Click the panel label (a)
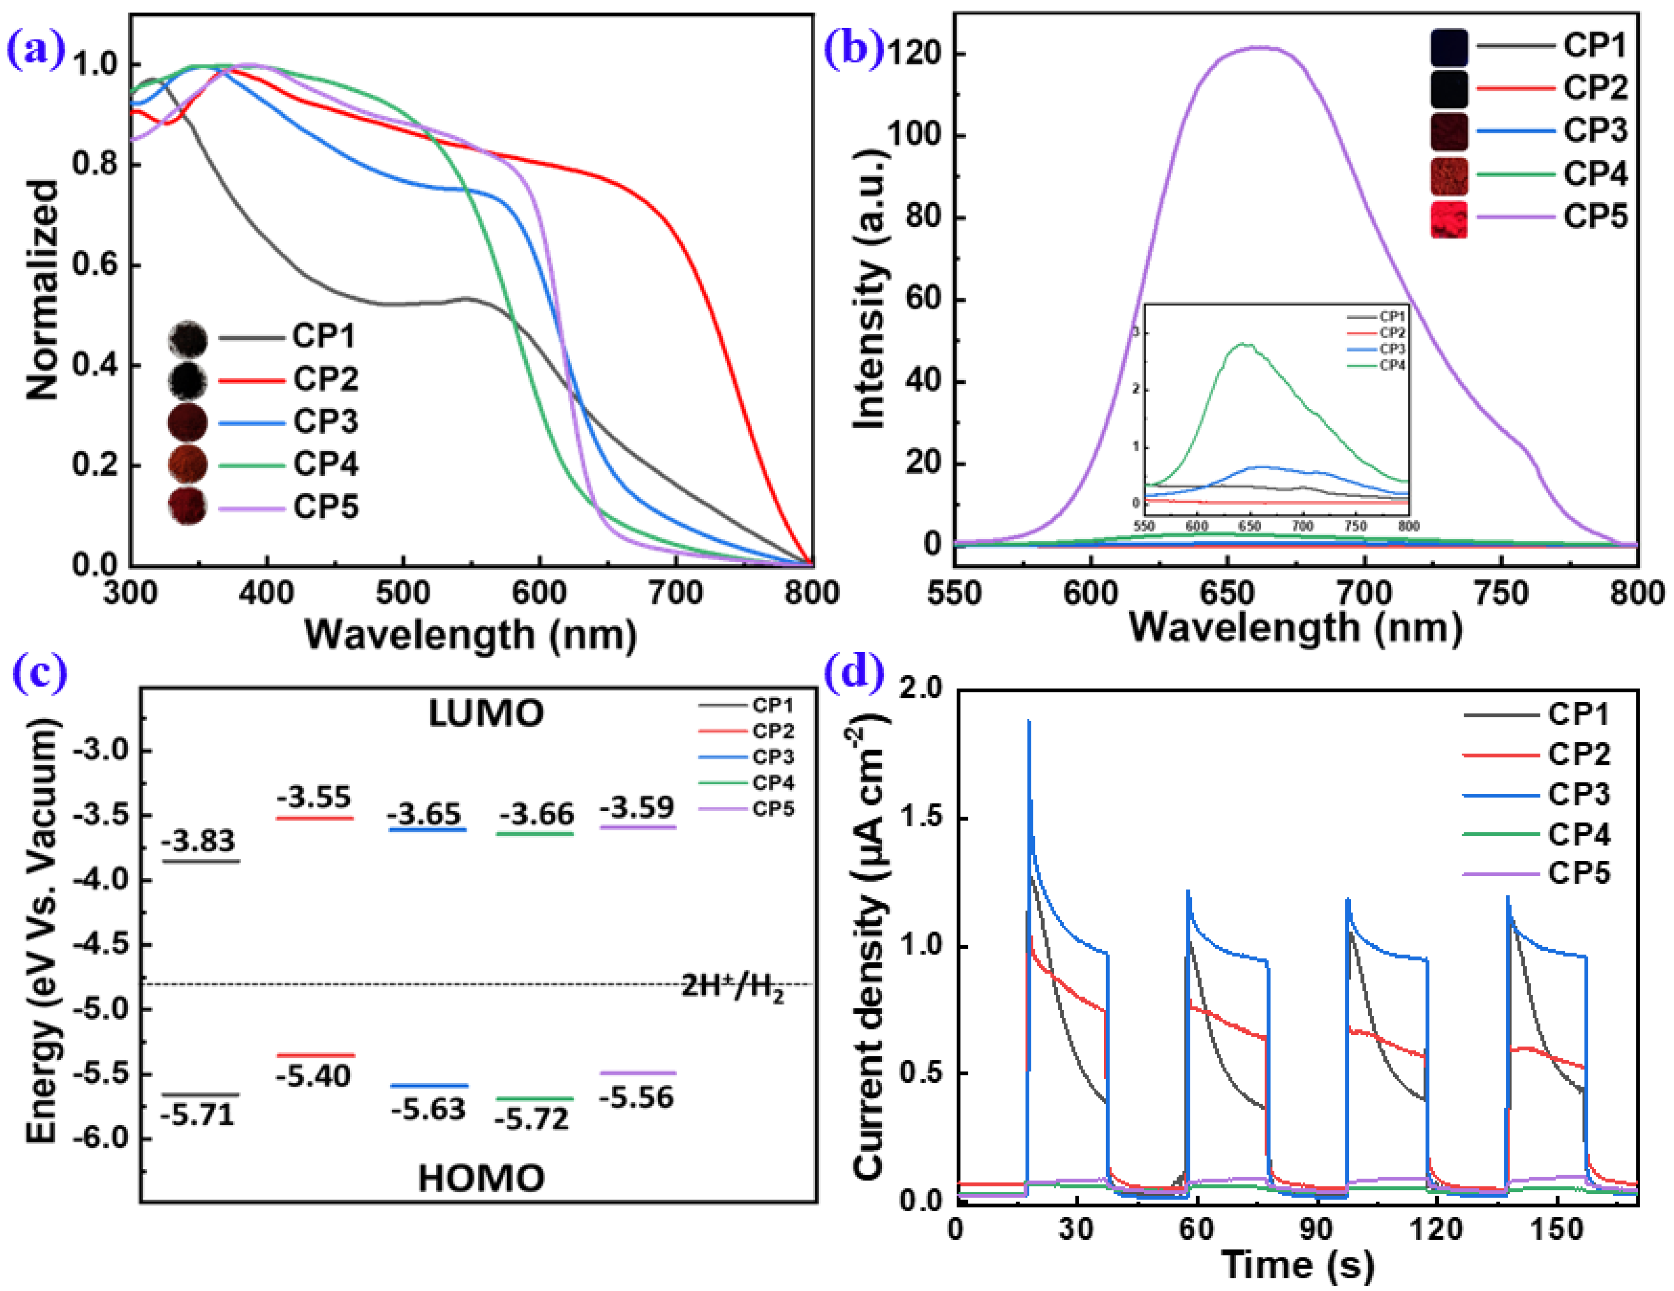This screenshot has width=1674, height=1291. coord(35,50)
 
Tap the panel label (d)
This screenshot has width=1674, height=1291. coord(853,672)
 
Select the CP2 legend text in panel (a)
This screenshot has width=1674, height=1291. coord(325,379)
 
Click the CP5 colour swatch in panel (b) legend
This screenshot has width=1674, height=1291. coord(1448,219)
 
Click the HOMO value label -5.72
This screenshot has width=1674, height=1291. coord(531,1119)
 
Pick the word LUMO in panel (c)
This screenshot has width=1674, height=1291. coord(486,714)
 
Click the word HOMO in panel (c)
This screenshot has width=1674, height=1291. coord(481,1178)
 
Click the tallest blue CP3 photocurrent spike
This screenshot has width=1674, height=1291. coord(1029,722)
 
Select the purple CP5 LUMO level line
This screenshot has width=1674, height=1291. coord(638,827)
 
